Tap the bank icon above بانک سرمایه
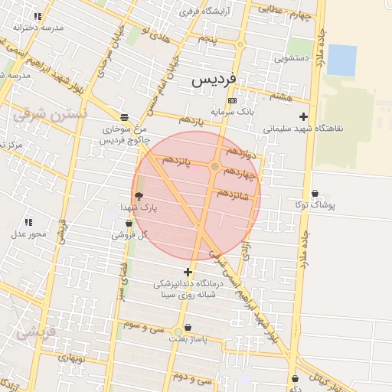click(x=233, y=100)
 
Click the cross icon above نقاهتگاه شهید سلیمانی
click(x=304, y=117)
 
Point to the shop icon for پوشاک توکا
click(x=315, y=193)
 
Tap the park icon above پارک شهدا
click(x=138, y=196)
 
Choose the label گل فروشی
click(x=129, y=235)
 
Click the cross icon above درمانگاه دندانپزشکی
click(x=188, y=272)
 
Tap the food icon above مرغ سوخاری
click(x=124, y=119)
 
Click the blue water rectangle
click(x=341, y=60)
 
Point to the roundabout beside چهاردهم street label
click(x=215, y=166)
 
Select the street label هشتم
click(x=281, y=96)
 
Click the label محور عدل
click(x=28, y=234)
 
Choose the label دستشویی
click(x=296, y=57)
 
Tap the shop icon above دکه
click(x=295, y=377)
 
